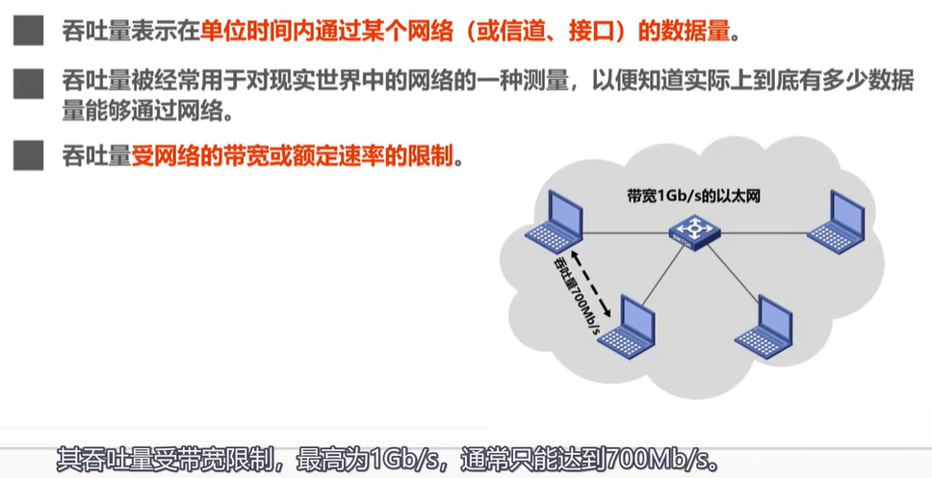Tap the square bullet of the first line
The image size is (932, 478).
(29, 32)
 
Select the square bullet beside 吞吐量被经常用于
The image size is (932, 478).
(29, 85)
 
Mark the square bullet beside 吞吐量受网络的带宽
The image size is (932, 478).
(29, 154)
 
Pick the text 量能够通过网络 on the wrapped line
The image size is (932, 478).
(146, 112)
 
